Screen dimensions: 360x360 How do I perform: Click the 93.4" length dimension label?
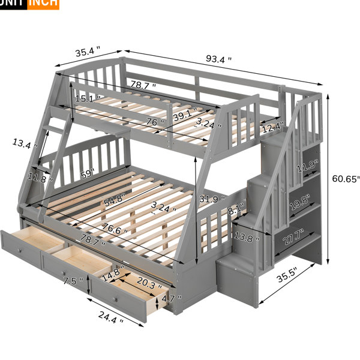tap(218, 59)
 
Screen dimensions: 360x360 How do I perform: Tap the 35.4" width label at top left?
tap(88, 51)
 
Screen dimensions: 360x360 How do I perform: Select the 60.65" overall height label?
tap(346, 179)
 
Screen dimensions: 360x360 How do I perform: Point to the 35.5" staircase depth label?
tap(287, 275)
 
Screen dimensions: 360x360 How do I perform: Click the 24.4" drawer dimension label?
tap(110, 317)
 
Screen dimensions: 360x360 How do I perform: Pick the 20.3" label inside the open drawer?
tap(149, 283)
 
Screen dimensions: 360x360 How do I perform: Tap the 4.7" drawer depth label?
tap(172, 298)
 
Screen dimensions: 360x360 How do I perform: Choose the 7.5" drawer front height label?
tap(73, 281)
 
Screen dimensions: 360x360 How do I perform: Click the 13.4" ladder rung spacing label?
tap(25, 143)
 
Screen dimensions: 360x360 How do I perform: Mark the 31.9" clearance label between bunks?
tap(212, 199)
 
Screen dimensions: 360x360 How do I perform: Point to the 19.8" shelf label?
tap(299, 202)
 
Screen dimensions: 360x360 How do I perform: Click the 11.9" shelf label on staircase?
tap(308, 166)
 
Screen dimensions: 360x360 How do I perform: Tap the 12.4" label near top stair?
tap(273, 127)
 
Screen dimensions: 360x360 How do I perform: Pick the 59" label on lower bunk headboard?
tap(88, 174)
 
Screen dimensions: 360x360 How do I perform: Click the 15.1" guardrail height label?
tap(88, 99)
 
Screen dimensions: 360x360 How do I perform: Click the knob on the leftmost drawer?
tap(20, 250)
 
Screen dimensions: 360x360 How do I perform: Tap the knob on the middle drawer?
tap(64, 273)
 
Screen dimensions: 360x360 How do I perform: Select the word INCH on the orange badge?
tap(43, 3)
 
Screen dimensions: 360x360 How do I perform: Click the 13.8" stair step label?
tap(247, 236)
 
